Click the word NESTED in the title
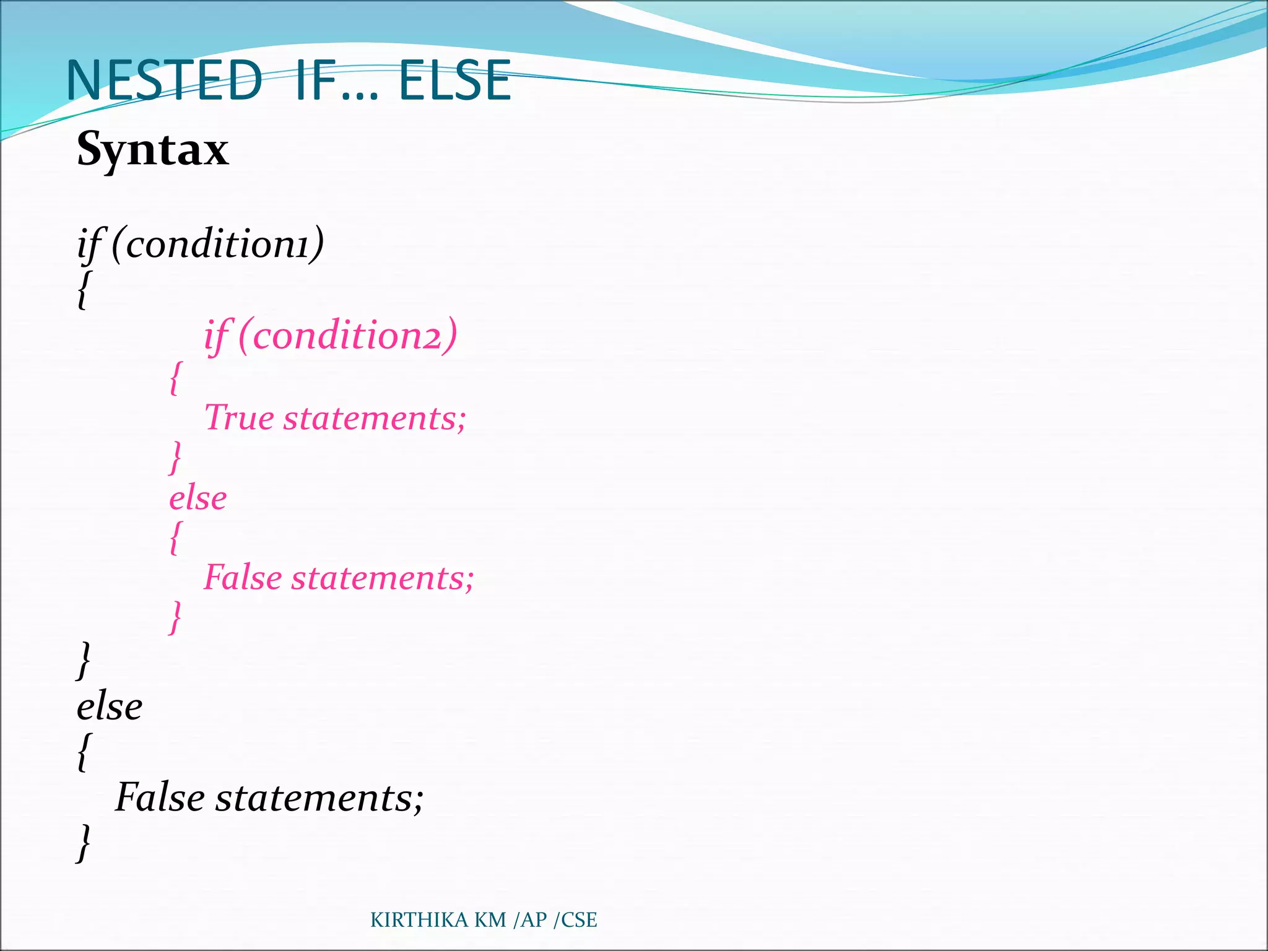tap(164, 80)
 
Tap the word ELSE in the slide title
tap(455, 80)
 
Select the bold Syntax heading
tap(153, 149)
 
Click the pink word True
tap(239, 417)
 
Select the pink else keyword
tap(198, 498)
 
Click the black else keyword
tap(110, 706)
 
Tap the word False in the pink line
tap(243, 578)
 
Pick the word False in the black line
tap(160, 797)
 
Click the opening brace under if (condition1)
tap(83, 289)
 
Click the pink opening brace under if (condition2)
tap(175, 378)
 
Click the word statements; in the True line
tap(375, 418)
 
